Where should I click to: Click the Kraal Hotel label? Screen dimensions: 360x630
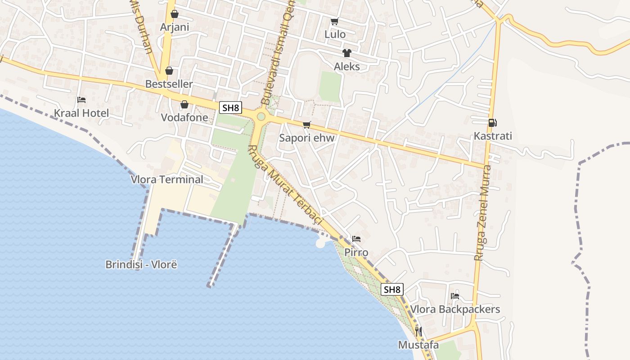click(x=81, y=113)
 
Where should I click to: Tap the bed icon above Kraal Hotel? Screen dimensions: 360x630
click(x=81, y=99)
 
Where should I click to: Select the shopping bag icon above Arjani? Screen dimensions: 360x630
click(x=175, y=14)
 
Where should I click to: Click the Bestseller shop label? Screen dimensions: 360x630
click(x=169, y=84)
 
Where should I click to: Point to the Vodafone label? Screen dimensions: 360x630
click(x=184, y=117)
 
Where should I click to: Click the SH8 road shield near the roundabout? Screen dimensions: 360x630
click(x=231, y=108)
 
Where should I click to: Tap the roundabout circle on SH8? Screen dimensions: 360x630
click(x=261, y=117)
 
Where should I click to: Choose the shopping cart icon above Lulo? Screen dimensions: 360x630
click(x=334, y=21)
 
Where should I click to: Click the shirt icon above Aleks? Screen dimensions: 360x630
click(x=346, y=53)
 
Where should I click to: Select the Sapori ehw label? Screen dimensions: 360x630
click(x=307, y=138)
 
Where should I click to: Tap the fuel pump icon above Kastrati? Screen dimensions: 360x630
click(x=493, y=122)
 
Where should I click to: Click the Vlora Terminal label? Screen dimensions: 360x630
click(x=167, y=179)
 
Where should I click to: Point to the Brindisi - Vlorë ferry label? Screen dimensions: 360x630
click(x=141, y=264)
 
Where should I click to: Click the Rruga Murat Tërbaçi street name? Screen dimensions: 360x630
click(x=286, y=185)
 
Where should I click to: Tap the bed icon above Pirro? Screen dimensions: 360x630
click(x=356, y=238)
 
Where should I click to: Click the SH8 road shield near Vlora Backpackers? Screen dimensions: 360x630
click(x=392, y=289)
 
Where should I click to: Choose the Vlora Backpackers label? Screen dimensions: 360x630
click(x=455, y=309)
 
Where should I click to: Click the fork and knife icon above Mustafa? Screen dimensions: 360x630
click(x=418, y=332)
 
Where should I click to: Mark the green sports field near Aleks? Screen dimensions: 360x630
click(x=330, y=85)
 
